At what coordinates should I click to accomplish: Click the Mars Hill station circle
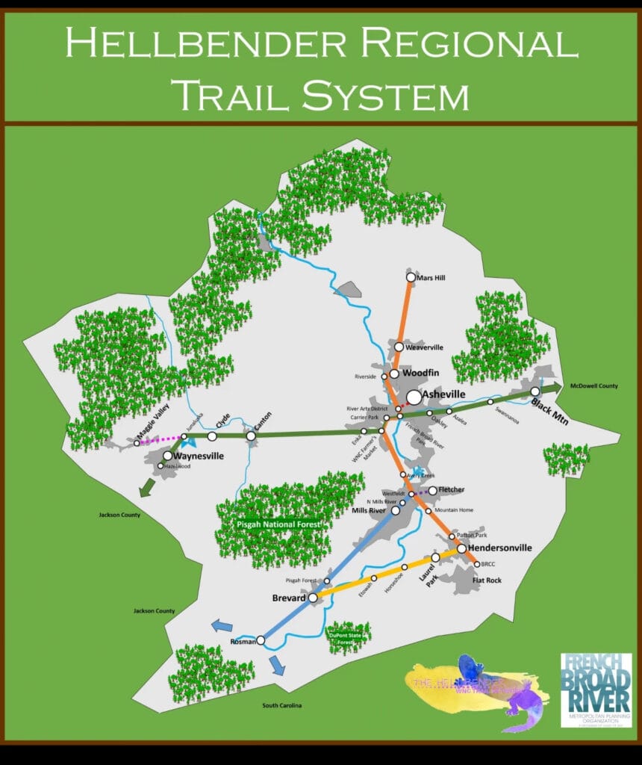411,278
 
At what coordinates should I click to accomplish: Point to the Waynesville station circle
168,456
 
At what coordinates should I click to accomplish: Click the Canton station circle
251,436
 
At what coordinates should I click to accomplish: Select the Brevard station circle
314,598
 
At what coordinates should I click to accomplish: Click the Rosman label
242,641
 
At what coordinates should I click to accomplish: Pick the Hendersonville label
500,548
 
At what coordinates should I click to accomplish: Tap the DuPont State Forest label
349,638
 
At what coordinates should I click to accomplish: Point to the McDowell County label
593,385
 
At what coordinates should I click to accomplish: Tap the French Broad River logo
596,690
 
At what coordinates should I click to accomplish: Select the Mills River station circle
396,511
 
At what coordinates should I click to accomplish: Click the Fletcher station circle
432,491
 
